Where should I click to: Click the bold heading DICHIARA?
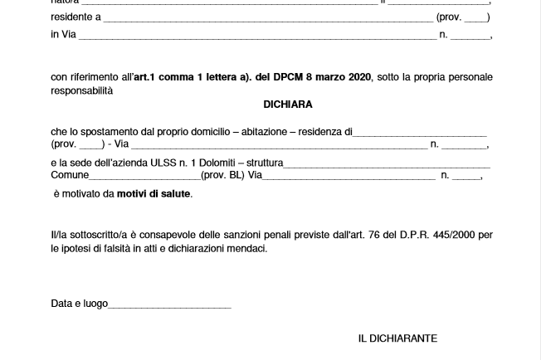click(x=288, y=105)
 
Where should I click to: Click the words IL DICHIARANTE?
click(x=397, y=338)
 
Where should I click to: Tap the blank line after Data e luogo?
click(x=169, y=306)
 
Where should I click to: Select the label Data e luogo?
click(x=79, y=304)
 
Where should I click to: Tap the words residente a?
click(x=76, y=17)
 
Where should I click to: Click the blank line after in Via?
click(x=257, y=36)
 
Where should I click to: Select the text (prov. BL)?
click(x=220, y=176)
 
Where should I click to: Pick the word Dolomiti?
click(x=212, y=163)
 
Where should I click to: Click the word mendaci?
click(x=246, y=248)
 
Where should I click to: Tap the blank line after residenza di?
click(x=420, y=134)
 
